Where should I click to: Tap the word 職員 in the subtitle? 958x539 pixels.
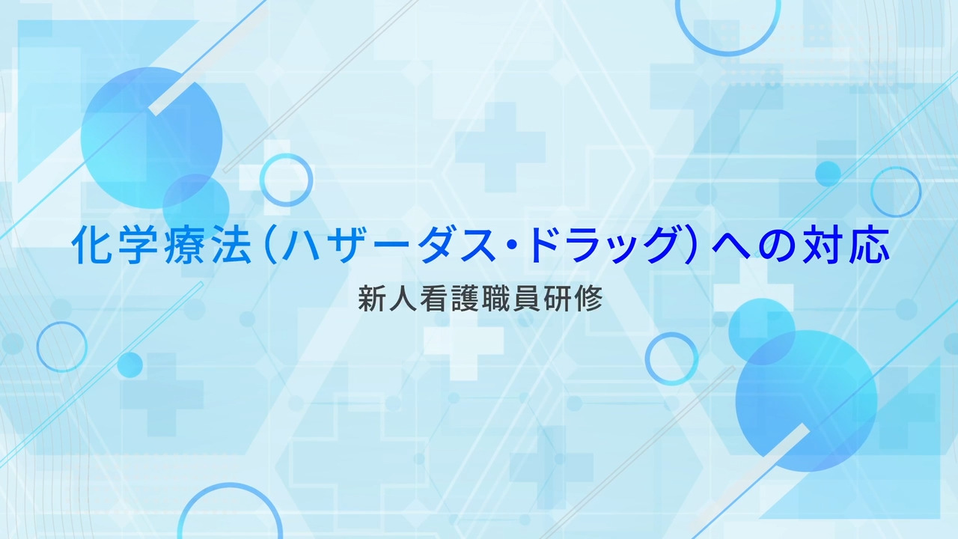[511, 299]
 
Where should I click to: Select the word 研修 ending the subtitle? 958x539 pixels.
[573, 299]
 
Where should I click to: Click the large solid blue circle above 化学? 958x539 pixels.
[151, 138]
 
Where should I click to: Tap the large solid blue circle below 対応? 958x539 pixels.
[806, 401]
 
